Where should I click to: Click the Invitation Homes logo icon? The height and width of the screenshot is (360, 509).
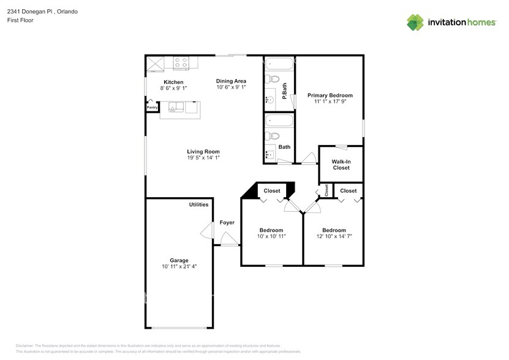[x=416, y=22]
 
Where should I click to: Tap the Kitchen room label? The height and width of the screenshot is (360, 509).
[x=173, y=82]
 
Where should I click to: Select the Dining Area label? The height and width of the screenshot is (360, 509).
[x=232, y=81]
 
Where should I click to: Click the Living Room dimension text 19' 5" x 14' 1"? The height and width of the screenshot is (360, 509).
[x=203, y=158]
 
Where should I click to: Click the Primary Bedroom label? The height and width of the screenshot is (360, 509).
[x=330, y=96]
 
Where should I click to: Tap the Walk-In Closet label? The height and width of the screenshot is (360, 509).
[x=341, y=164]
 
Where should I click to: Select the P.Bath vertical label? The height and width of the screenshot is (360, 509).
[x=285, y=92]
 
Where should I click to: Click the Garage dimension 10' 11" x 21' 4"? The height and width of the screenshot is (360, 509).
[x=179, y=267]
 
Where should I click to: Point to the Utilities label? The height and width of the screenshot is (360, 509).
[x=198, y=204]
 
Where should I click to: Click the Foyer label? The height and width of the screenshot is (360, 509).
[x=227, y=222]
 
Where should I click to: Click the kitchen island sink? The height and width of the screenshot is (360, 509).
[x=173, y=109]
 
